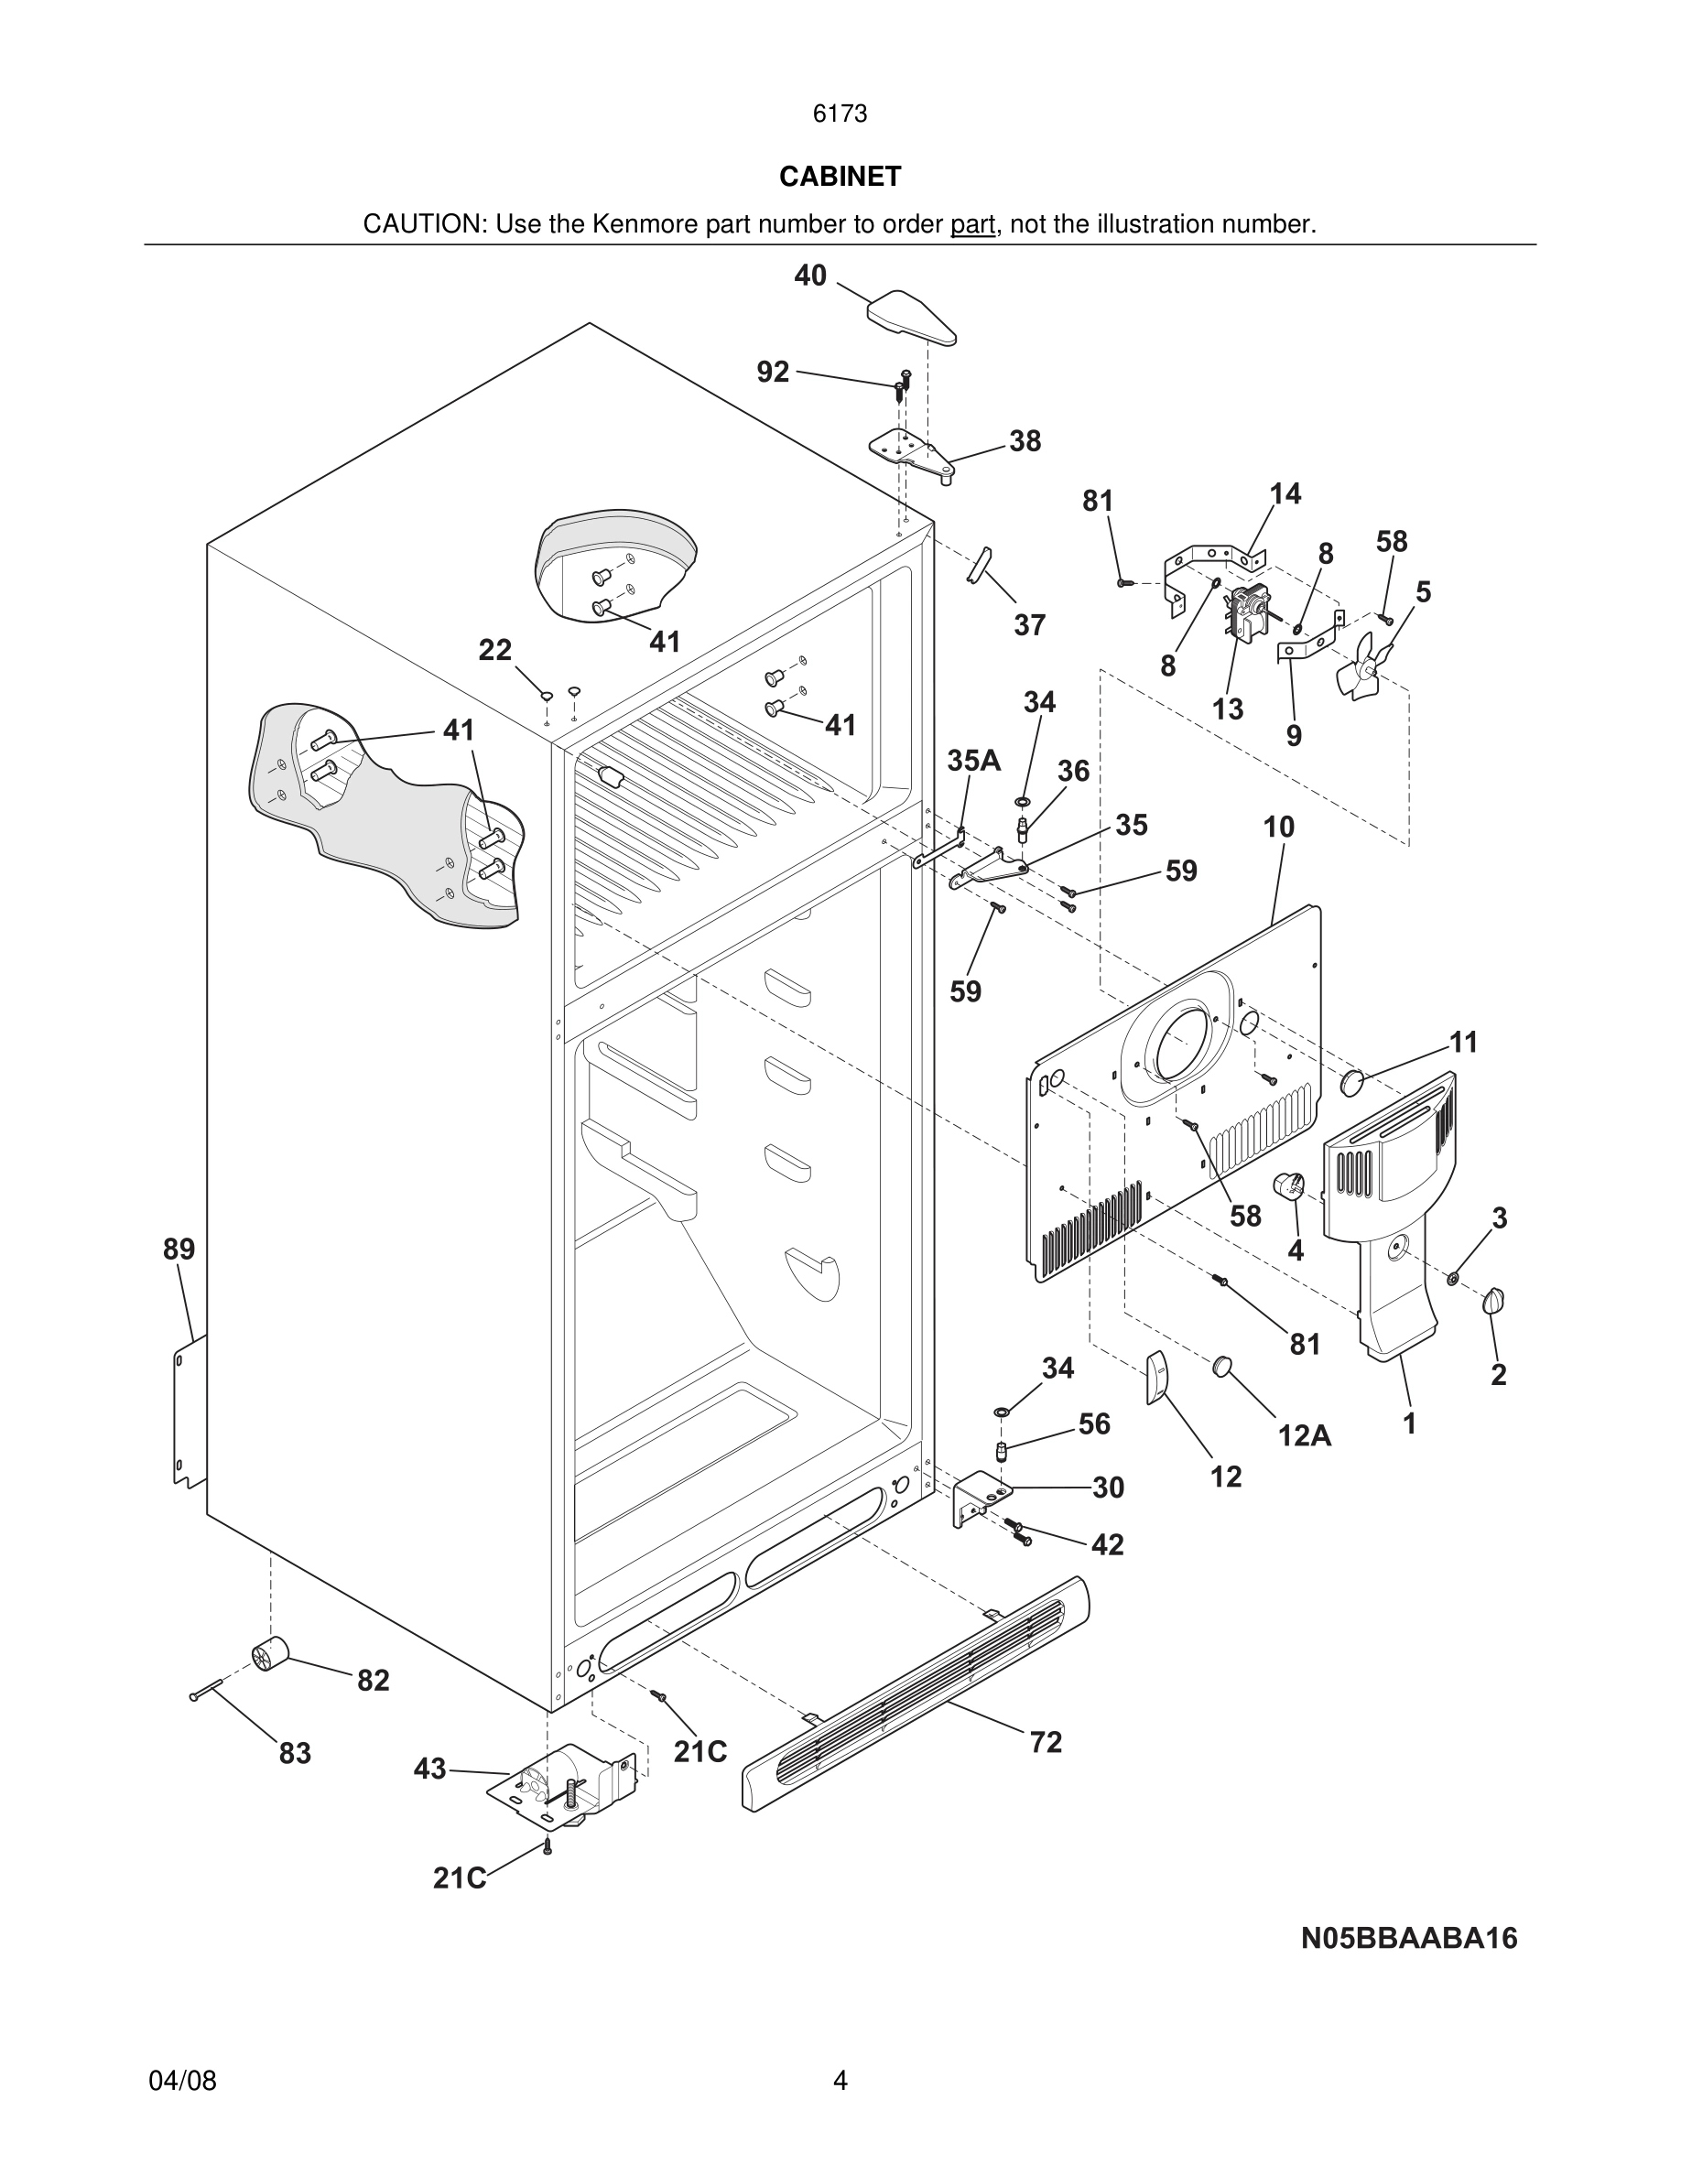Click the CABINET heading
pos(840,177)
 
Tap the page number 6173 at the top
pos(840,114)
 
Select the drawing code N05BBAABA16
pos(1409,1938)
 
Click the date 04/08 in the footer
pos(182,2081)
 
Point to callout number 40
pos(809,276)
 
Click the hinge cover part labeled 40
pos(910,317)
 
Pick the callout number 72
pos(1046,1742)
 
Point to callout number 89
pos(179,1249)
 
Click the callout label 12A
pos(1305,1435)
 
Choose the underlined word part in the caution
pos(972,225)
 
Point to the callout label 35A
pos(973,761)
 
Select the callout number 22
pos(495,650)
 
